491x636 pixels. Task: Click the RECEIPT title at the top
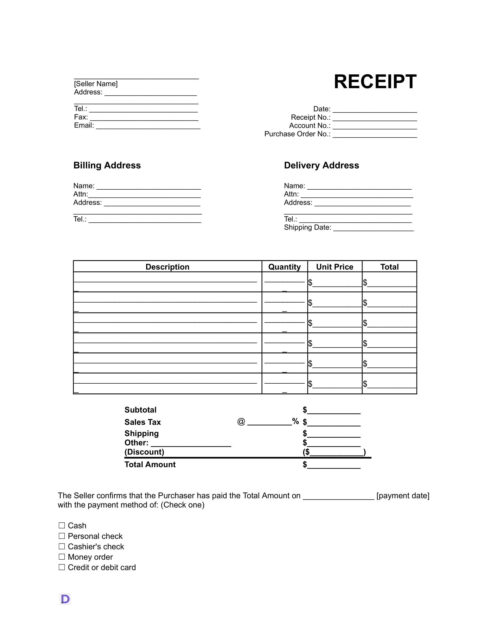tap(375, 82)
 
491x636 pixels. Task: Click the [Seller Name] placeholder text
tap(96, 84)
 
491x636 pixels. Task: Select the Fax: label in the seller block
tap(81, 117)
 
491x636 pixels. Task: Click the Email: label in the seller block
tap(84, 125)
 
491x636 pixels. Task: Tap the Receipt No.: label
tap(310, 117)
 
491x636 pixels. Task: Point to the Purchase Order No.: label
tap(297, 134)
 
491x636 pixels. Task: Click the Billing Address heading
tap(107, 165)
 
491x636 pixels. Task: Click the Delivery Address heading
tap(321, 165)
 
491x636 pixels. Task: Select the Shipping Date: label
tap(308, 228)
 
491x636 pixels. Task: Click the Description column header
tap(167, 267)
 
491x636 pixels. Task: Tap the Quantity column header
tap(284, 267)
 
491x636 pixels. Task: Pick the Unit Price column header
tap(334, 267)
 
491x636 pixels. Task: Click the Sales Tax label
tap(142, 422)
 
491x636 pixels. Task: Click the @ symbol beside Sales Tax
tap(241, 421)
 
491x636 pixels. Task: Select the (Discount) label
tap(144, 452)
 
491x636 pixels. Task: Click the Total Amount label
tap(150, 465)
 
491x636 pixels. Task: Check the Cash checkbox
tap(62, 525)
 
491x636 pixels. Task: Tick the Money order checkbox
tap(62, 557)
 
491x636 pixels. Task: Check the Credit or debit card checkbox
tap(62, 567)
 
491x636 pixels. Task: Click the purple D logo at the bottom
tap(65, 599)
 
